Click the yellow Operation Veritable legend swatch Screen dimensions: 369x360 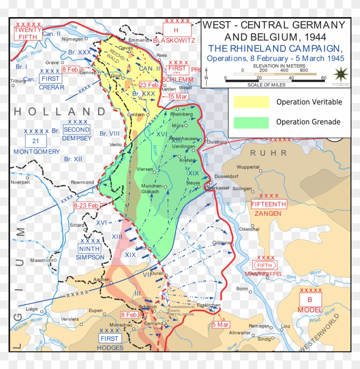(251, 102)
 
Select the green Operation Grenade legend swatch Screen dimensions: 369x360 (251, 122)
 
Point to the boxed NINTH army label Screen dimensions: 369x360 (90, 249)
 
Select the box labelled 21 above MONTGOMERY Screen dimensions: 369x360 (36, 140)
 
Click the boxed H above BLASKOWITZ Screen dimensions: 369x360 (176, 30)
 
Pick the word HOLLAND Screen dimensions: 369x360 (60, 112)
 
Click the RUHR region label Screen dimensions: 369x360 (268, 153)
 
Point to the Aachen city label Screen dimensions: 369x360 (102, 279)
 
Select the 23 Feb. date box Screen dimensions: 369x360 (149, 85)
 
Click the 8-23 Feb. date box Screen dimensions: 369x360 (87, 206)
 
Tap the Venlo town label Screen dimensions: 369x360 (115, 145)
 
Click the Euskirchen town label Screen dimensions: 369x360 (208, 305)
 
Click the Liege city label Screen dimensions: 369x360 (33, 309)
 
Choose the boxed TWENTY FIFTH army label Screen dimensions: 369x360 (28, 33)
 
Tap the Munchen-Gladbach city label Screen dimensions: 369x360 (152, 189)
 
